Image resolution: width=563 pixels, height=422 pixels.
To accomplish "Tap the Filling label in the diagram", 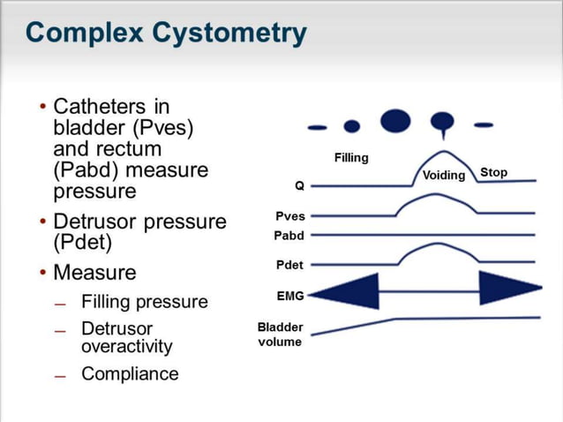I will pos(351,158).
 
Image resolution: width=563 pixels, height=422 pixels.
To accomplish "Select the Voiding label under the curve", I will pos(444,175).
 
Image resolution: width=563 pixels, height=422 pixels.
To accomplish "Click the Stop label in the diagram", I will pos(493,172).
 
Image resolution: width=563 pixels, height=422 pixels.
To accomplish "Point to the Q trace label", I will pos(300,186).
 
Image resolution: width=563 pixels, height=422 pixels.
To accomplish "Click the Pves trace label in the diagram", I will pos(290,216).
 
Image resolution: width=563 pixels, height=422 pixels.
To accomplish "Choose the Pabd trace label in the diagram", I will pos(289,236).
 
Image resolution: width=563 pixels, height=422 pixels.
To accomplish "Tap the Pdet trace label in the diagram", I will pos(290,266).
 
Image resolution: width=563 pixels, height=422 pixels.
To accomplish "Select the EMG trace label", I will pos(290,296).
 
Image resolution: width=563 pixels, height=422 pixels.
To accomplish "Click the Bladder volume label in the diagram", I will pos(280,335).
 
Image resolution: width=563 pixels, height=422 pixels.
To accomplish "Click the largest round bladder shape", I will pos(395,120).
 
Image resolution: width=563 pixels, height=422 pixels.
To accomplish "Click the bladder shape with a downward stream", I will pos(441,123).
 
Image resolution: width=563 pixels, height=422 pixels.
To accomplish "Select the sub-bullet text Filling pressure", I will pos(145,302).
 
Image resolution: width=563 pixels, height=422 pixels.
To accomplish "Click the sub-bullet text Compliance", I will pos(130,373).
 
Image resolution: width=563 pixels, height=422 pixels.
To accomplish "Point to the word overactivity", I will pos(127,346).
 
